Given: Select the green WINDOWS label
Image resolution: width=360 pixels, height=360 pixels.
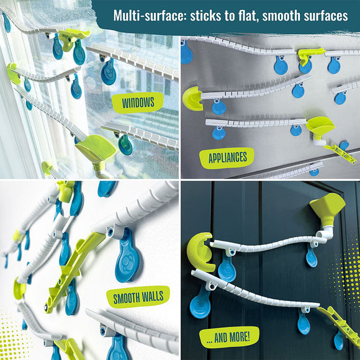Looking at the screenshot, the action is click(138, 102).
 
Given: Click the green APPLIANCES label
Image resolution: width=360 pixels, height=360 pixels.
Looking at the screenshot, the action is click(227, 158).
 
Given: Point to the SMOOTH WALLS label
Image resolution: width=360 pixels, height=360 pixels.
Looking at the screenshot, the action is click(138, 297).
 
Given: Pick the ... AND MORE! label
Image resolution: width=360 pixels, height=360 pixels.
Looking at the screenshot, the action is click(229, 337).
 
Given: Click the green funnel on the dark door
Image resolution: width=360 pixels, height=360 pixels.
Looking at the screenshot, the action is click(327, 209).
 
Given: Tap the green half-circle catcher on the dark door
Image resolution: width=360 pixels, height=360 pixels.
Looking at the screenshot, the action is click(200, 252).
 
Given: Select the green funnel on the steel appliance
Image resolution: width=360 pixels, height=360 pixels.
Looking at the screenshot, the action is click(320, 127).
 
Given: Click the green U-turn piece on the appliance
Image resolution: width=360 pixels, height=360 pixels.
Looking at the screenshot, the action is click(192, 99).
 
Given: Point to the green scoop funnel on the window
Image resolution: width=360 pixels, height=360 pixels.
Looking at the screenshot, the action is click(96, 149).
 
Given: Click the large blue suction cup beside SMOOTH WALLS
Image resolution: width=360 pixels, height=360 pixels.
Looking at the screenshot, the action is click(128, 255).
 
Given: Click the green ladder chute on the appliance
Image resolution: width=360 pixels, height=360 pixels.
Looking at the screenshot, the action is click(341, 153).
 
